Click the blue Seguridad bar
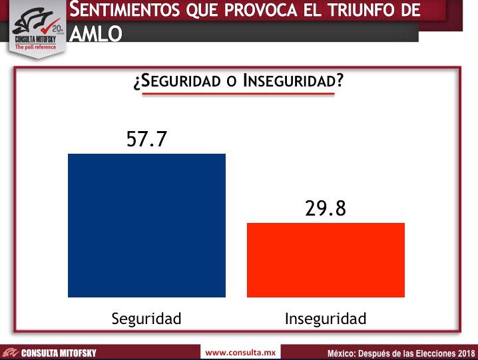(x=146, y=225)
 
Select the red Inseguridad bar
(x=326, y=260)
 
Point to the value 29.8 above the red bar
(x=326, y=208)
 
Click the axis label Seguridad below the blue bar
(x=146, y=319)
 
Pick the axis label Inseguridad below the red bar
(x=326, y=319)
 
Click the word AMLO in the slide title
(x=95, y=34)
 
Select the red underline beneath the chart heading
(x=238, y=94)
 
